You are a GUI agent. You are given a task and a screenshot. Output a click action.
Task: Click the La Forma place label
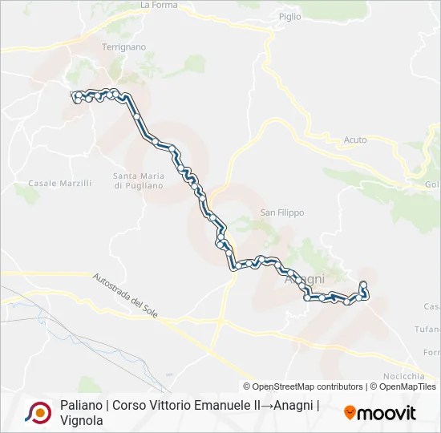(158, 5)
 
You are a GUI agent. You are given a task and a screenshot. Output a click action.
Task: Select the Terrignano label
(123, 47)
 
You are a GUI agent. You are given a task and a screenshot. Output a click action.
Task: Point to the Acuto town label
(354, 140)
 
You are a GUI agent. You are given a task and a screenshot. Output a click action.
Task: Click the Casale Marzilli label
(60, 184)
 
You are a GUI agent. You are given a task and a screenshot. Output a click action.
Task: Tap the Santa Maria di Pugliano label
(138, 180)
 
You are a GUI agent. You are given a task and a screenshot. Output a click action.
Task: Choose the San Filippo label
(281, 212)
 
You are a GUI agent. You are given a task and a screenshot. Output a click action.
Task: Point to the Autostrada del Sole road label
(124, 294)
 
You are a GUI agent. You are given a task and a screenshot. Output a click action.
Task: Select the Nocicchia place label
(403, 376)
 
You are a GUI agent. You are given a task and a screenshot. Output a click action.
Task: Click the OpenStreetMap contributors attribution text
(302, 386)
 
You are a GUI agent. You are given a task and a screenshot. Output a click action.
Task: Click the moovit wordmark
(386, 413)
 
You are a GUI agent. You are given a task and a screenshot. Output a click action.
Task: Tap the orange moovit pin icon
(350, 412)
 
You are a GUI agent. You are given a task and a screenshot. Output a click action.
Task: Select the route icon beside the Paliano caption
(38, 412)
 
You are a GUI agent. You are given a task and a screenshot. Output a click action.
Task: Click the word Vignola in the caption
(81, 419)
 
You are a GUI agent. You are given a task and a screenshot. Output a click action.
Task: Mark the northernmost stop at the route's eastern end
(363, 285)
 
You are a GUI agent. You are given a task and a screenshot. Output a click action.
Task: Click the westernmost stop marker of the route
(75, 95)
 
